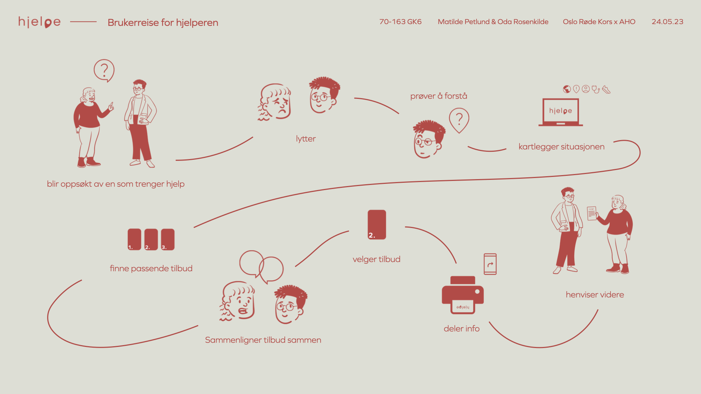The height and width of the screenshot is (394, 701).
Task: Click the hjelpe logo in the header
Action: (39, 22)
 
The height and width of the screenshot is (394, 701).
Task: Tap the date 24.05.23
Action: (667, 22)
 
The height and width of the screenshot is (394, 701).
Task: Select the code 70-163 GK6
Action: (400, 22)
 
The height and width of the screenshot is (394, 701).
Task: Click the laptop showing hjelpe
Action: (560, 112)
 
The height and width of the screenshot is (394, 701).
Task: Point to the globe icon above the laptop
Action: (567, 89)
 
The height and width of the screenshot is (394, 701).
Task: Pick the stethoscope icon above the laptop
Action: (595, 89)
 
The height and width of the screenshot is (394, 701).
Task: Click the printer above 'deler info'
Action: (463, 295)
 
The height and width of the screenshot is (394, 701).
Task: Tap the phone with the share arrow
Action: (490, 264)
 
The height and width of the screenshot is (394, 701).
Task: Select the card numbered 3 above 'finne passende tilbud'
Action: (168, 239)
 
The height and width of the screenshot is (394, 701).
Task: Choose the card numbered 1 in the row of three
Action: (134, 239)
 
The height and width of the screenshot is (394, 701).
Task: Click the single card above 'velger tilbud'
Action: (377, 224)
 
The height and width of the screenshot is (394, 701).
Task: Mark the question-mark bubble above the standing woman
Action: (104, 70)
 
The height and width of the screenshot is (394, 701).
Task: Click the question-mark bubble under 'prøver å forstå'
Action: (459, 120)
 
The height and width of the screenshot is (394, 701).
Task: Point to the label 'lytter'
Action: (306, 139)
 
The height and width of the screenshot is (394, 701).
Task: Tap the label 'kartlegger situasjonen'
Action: (561, 147)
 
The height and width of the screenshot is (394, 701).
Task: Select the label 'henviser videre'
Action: (595, 295)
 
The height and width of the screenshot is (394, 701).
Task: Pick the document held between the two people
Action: (591, 213)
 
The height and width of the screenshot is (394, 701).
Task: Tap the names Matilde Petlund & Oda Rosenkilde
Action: (493, 22)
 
